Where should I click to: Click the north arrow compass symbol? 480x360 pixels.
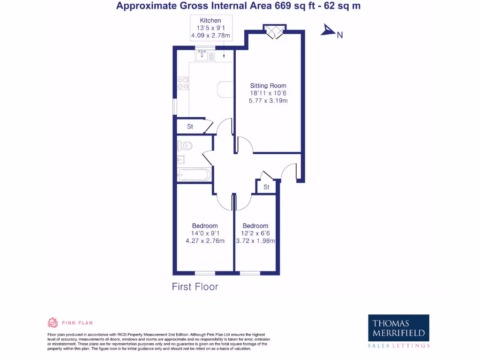coord(327,31)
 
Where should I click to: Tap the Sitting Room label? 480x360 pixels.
coord(268,86)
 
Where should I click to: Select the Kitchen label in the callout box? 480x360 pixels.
coord(210,21)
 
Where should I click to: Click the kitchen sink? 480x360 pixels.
coord(202,56)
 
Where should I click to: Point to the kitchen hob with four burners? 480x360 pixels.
coord(183,83)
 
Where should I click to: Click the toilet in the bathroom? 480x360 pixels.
coord(185,145)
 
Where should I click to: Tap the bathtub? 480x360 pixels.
coord(193,175)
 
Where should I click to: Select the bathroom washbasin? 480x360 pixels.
coord(181,159)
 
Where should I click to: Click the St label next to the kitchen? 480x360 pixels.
coord(190,127)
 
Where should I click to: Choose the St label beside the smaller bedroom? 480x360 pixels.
coord(266,187)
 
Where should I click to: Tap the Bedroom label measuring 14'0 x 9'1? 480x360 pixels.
coord(205,226)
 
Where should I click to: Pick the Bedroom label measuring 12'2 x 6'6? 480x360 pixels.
coord(255,226)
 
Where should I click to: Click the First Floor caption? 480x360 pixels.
coord(195,286)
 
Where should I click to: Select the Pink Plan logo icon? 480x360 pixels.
coord(52,322)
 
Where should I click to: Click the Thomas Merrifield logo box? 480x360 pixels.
coord(398,328)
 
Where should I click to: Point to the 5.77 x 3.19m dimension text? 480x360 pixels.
coord(268,101)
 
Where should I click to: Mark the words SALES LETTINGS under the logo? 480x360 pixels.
coord(398,345)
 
